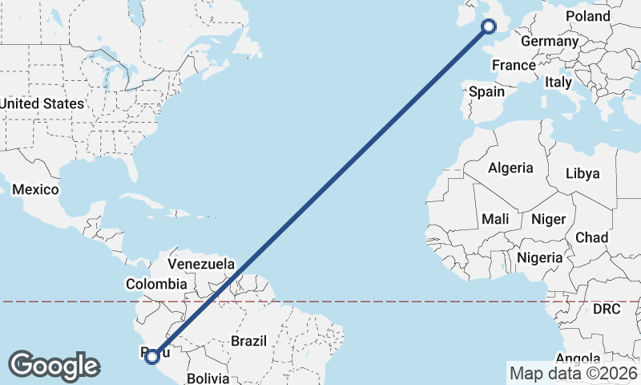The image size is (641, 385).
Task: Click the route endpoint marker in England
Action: point(488,26)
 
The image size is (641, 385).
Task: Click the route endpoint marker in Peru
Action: point(152,355)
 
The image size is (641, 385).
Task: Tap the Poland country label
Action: point(587,16)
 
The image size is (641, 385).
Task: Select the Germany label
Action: point(549,41)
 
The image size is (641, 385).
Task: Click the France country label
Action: point(514,65)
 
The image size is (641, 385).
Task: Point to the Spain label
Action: point(486,91)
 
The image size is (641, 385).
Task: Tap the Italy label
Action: point(558,82)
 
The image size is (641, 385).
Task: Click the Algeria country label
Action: point(510,168)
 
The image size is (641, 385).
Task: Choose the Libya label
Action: point(582,173)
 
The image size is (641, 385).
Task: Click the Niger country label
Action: point(549,219)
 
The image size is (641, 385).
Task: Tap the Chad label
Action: point(591,237)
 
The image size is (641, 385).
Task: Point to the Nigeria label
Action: point(540,257)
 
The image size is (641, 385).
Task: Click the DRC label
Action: point(607,309)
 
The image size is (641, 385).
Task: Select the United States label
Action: point(41,103)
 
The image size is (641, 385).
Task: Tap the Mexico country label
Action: point(35,190)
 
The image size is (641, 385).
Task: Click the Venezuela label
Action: point(201,264)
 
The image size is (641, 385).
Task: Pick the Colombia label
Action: point(156,284)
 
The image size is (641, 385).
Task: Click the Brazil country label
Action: point(248,341)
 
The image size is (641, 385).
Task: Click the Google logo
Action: point(54,366)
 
